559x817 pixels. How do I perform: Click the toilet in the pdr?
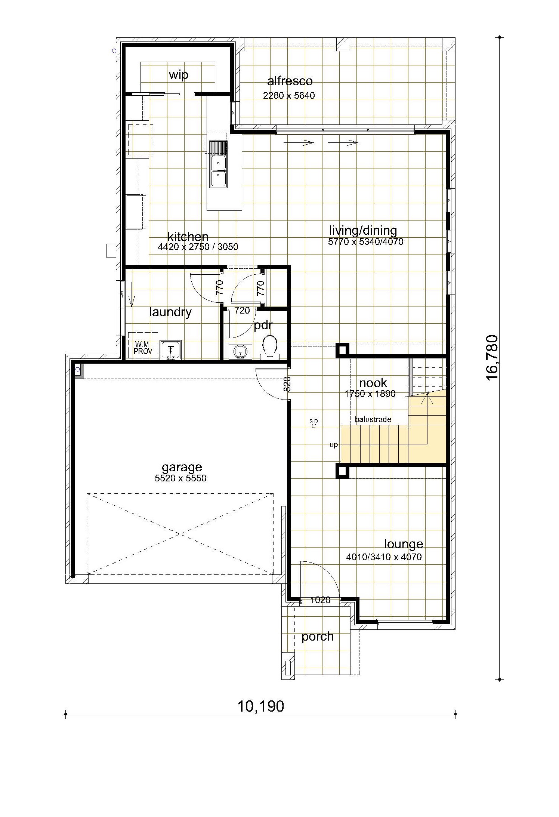270,347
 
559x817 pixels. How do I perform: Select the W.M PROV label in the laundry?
143,348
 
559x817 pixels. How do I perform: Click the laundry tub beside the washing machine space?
171,350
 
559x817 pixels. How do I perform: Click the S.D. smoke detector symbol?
314,424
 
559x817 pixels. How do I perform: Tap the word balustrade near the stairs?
373,419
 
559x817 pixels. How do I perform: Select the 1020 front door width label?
321,600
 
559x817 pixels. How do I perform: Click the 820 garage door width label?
287,384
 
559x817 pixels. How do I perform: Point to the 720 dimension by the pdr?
242,310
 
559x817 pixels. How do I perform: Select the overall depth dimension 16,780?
492,357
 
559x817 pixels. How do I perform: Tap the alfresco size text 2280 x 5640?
289,95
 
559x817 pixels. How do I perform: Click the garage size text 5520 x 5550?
180,478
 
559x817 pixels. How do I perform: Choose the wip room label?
178,75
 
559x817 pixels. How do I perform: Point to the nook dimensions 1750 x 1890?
370,394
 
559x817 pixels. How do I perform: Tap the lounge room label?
404,544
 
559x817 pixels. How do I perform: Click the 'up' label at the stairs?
333,445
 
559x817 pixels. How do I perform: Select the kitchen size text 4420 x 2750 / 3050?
198,247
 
